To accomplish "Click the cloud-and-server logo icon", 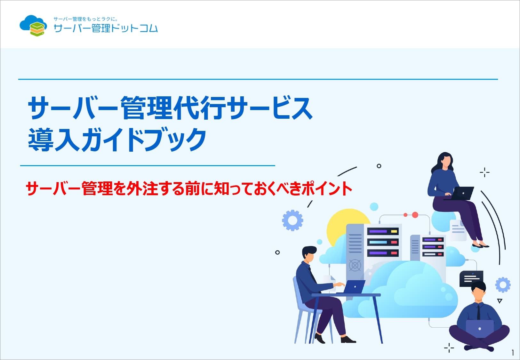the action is [33, 26].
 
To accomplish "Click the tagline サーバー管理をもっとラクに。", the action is [85, 19].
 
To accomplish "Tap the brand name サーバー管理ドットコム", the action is [106, 28].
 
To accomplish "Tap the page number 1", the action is [513, 353].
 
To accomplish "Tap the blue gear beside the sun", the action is [292, 220].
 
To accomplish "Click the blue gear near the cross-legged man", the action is [503, 284].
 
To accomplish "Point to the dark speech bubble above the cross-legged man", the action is [471, 278].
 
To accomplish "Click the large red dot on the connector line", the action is [415, 215].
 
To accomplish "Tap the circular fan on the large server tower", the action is [355, 265].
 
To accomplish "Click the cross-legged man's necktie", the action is [478, 312].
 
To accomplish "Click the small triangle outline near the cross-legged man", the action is [500, 301].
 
